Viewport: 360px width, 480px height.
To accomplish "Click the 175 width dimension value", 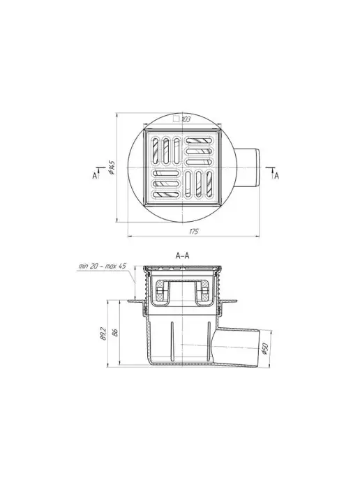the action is coord(193,231).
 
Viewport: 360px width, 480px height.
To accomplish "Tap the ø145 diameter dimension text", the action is coord(112,167).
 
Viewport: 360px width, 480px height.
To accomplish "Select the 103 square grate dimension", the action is coord(186,119).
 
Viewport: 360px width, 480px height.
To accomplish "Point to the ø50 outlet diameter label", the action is coord(265,349).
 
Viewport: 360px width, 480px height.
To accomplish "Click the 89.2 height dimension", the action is coord(103,333).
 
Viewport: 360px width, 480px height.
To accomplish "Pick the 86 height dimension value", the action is coord(115,333).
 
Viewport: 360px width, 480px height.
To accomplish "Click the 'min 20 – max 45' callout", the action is coord(103,266).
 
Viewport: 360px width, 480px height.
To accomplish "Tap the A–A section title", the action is coord(183,255).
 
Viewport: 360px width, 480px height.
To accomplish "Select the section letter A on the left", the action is coord(95,176).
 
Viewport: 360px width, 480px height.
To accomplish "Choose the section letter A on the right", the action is coord(277,176).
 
